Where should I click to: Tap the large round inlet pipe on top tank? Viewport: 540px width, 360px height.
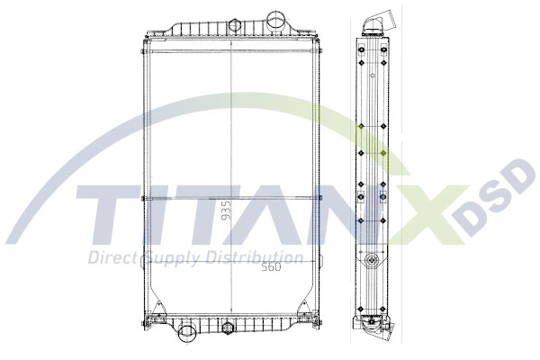coord(275,20)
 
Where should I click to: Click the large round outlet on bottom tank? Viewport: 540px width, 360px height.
coord(188,335)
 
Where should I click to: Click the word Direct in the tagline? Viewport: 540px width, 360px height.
coord(110,258)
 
